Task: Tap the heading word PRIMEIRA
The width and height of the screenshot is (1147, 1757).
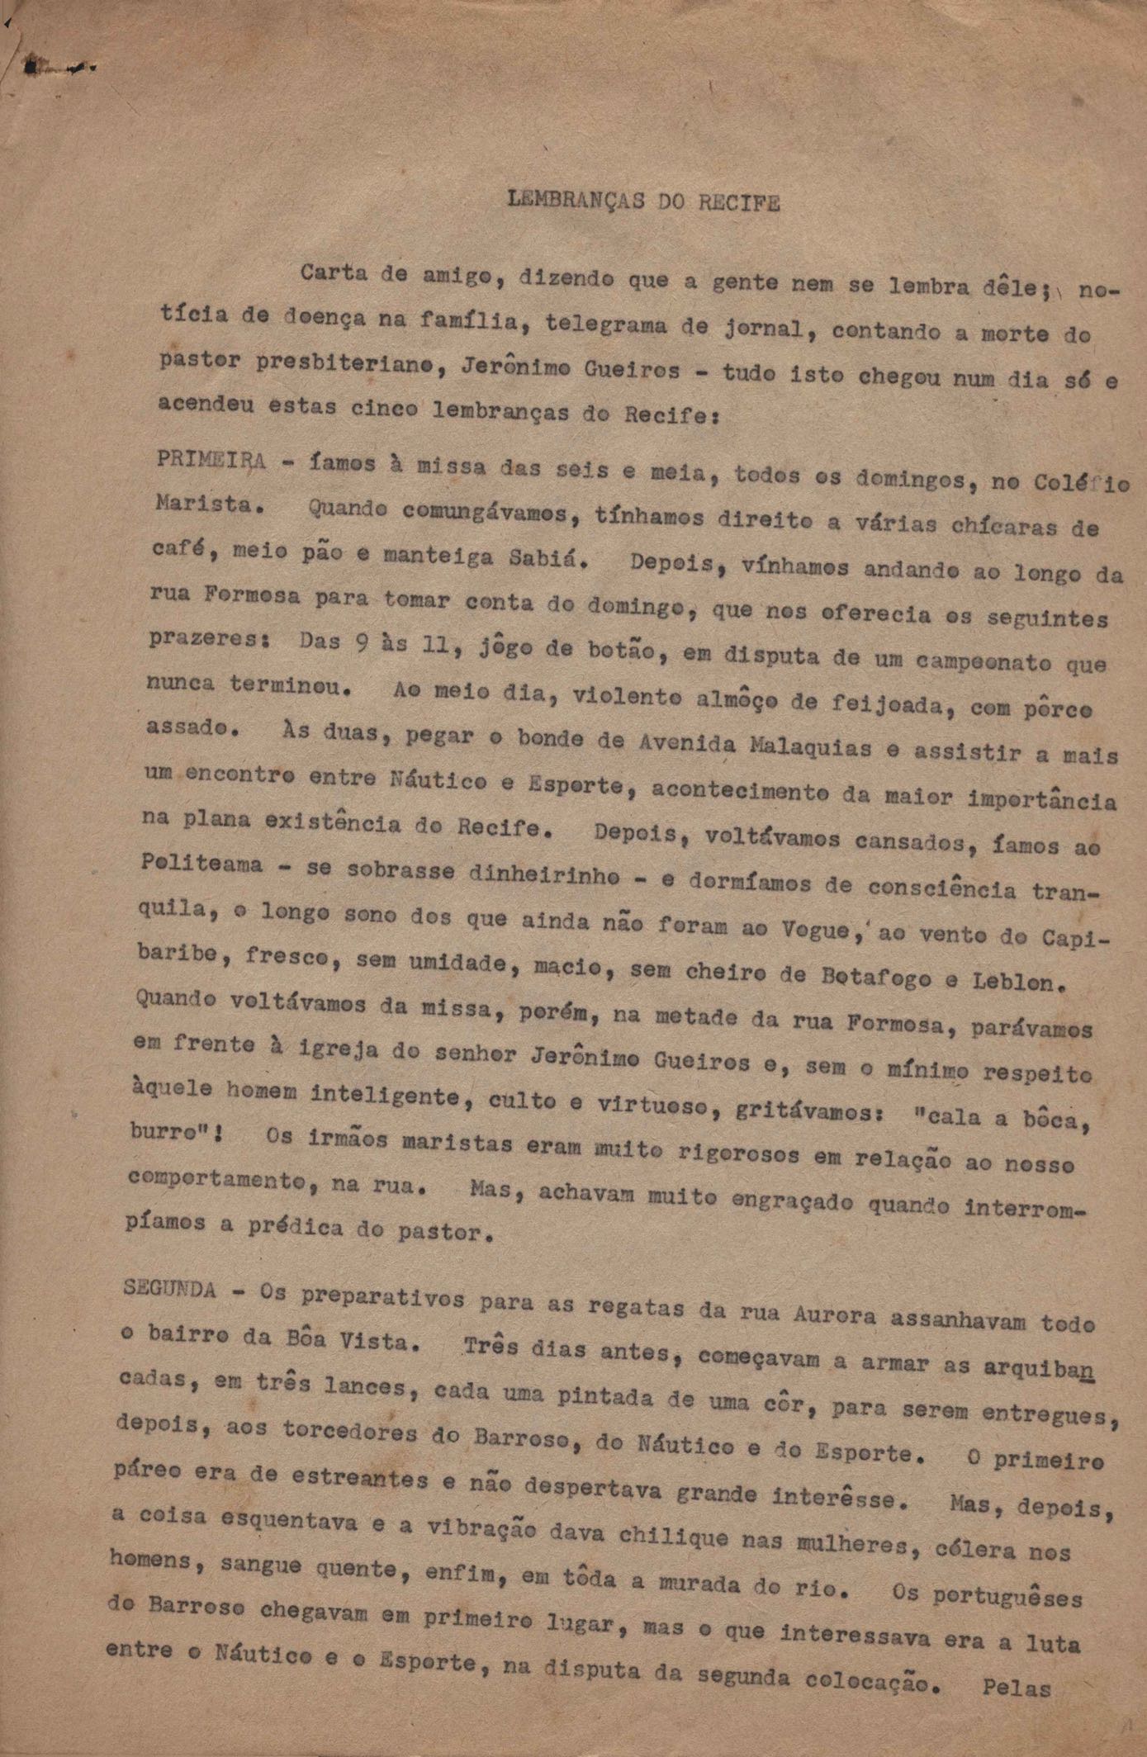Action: click(x=211, y=461)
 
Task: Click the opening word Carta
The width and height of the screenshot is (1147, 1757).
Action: click(x=333, y=272)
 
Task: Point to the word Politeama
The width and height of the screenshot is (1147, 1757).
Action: click(x=202, y=864)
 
